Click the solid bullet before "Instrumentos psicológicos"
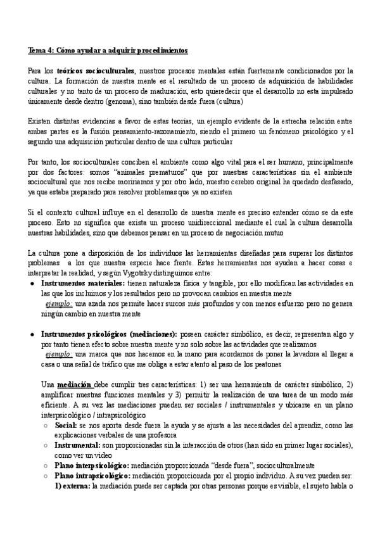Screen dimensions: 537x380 [x=33, y=334]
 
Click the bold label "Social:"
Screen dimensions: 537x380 [x=66, y=425]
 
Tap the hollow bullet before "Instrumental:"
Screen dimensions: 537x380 [x=44, y=445]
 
